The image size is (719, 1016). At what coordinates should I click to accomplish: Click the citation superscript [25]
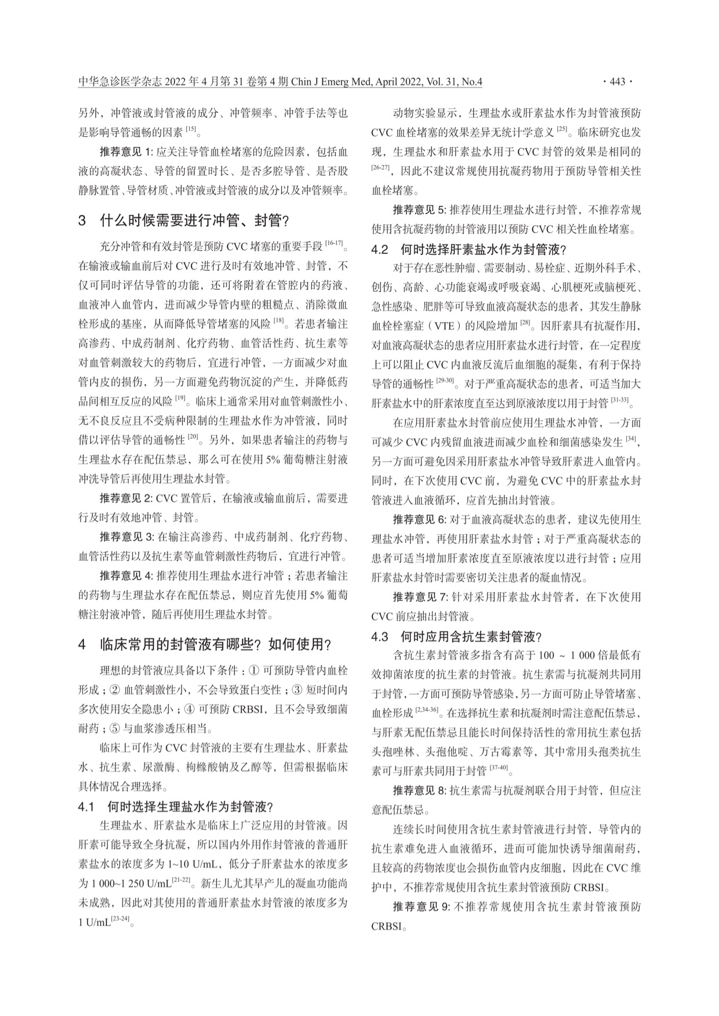[561, 129]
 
